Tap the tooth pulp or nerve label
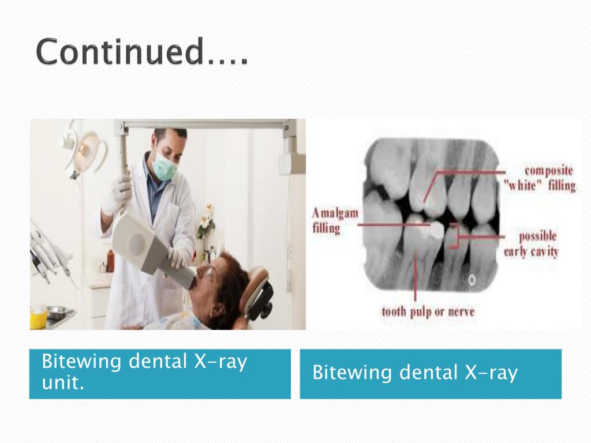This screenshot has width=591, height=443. coord(428,312)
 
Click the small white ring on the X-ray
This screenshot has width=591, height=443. coord(472,281)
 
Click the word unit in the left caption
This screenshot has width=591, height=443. coord(63,383)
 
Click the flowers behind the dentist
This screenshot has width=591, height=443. coord(206,221)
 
